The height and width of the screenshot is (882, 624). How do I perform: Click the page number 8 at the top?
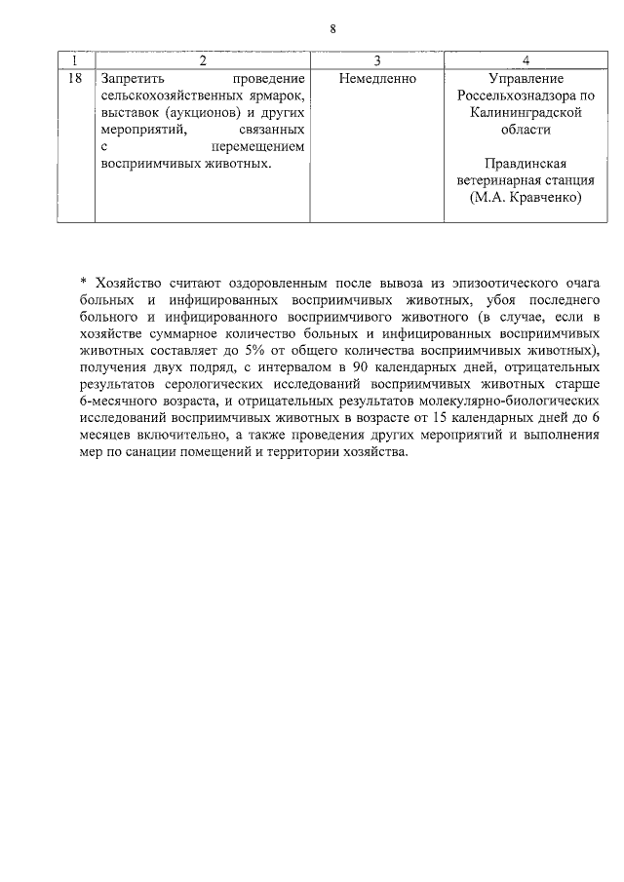[x=332, y=29]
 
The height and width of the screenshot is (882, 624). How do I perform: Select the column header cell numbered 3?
[x=376, y=60]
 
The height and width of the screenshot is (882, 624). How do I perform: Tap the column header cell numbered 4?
[x=526, y=60]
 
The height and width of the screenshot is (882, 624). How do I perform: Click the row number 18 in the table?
[x=75, y=77]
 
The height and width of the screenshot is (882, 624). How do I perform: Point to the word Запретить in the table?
[x=132, y=77]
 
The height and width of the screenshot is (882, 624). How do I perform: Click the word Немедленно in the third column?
[x=376, y=77]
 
